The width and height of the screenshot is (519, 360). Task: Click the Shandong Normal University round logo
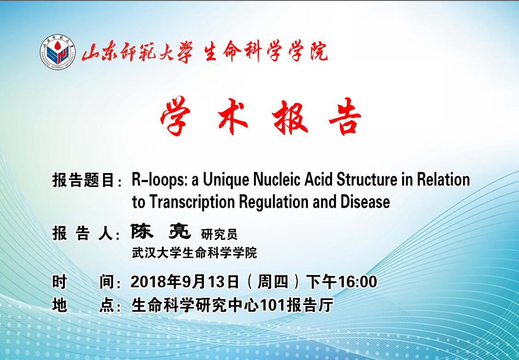[58, 52]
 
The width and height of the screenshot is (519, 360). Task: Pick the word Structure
[367, 179]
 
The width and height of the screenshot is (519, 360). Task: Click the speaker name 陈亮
[161, 231]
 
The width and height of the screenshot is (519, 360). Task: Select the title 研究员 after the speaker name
[219, 234]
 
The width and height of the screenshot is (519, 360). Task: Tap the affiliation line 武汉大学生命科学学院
[194, 253]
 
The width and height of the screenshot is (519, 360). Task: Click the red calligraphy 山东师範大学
[137, 52]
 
